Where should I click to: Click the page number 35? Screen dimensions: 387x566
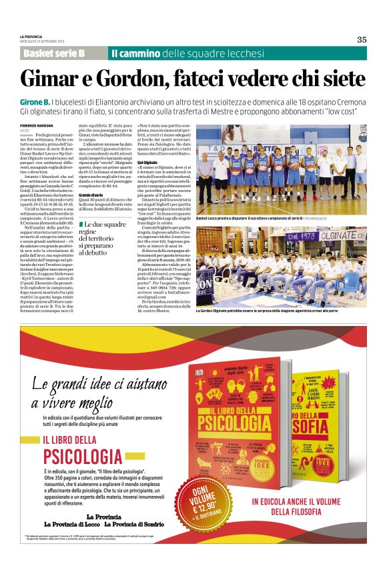pyautogui.click(x=362, y=39)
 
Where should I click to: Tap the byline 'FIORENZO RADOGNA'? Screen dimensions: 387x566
pyautogui.click(x=36, y=126)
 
